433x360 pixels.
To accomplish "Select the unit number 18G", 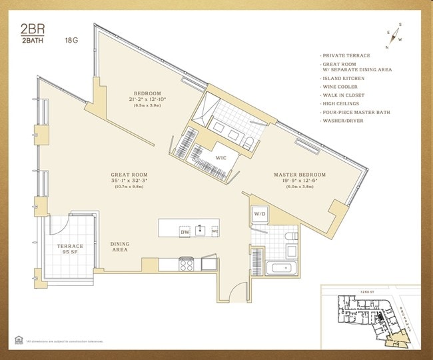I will [x=71, y=40].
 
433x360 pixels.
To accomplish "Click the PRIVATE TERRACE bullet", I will [x=346, y=56].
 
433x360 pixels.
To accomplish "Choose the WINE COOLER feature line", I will [x=340, y=87].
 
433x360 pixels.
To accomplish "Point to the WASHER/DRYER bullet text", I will [x=344, y=121].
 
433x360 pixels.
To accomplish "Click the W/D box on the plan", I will [x=259, y=213].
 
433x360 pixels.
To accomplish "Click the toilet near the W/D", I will [x=290, y=237].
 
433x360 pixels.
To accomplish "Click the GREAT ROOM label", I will [x=129, y=175].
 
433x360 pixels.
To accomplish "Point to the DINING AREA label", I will [x=120, y=247].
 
